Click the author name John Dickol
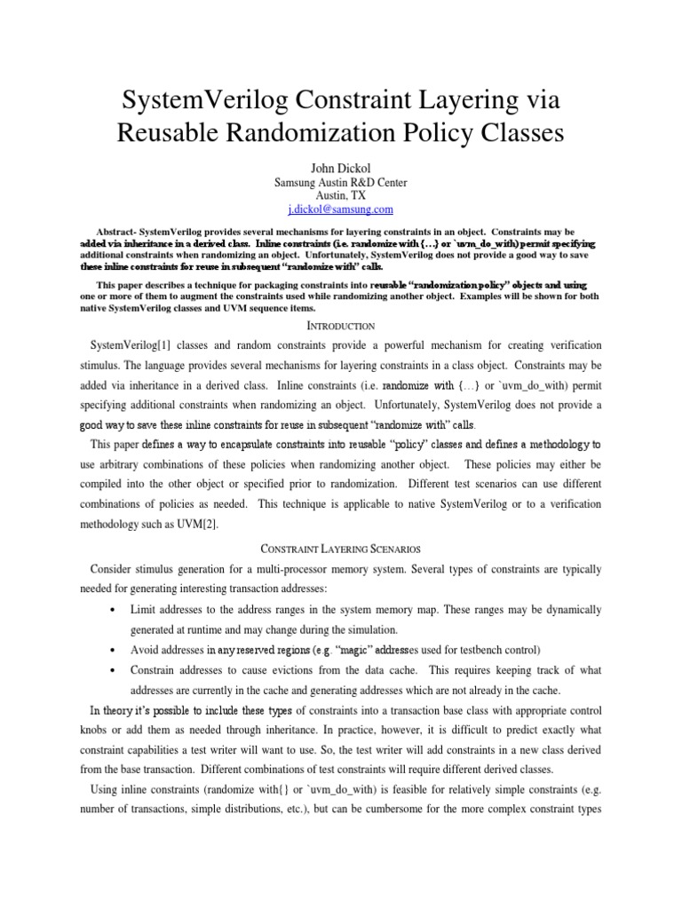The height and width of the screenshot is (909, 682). [341, 167]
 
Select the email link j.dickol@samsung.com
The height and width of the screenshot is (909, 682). [341, 209]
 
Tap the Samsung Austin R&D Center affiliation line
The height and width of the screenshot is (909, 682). [341, 183]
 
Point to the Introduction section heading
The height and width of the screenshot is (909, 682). [341, 327]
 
